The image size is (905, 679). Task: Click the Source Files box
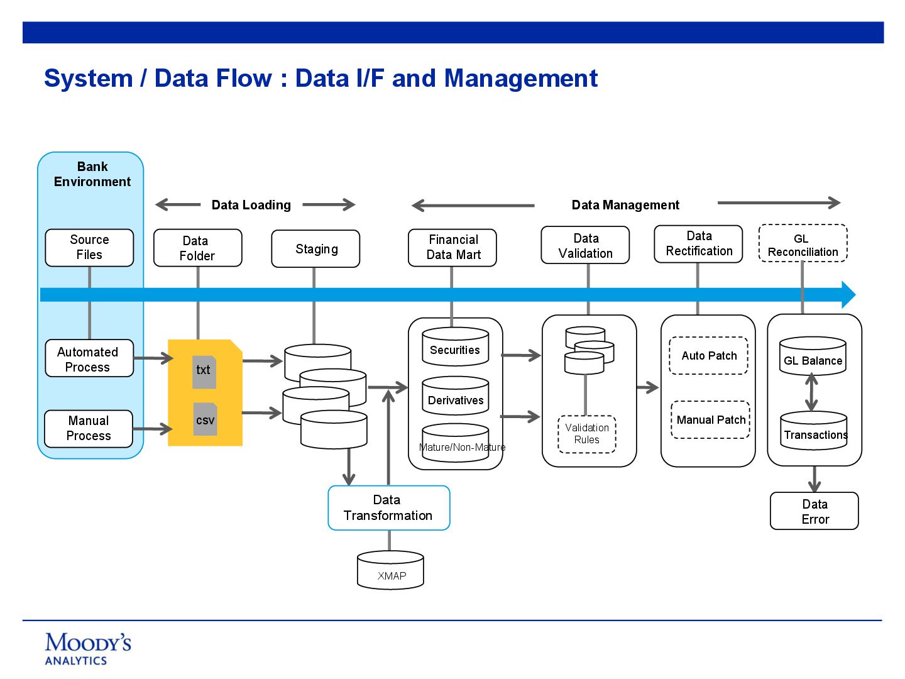tap(89, 248)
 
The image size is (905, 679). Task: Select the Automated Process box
tap(89, 359)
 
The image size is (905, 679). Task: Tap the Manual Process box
tap(89, 429)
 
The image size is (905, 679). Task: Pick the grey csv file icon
tap(205, 419)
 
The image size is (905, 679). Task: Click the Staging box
tap(315, 249)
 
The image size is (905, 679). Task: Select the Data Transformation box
tap(389, 508)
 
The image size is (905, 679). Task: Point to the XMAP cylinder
tap(390, 571)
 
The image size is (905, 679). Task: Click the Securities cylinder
tap(456, 347)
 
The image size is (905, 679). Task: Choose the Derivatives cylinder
tap(456, 397)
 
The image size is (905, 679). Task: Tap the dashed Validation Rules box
tap(587, 434)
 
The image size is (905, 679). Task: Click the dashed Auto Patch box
tap(709, 356)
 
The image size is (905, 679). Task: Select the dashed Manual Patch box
tap(711, 420)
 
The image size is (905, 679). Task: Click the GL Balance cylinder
tap(813, 357)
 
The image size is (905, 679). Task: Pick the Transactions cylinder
tap(814, 431)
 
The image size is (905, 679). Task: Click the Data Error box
tap(814, 511)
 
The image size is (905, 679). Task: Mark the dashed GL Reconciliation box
tap(803, 244)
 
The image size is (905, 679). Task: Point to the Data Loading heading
tap(251, 205)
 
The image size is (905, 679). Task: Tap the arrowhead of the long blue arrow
tap(848, 295)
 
